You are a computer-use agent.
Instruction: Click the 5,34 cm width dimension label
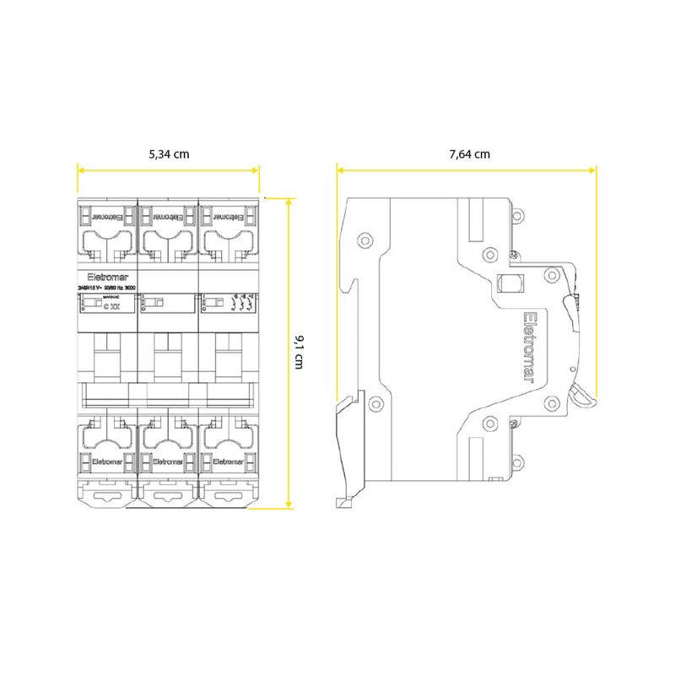click(x=169, y=154)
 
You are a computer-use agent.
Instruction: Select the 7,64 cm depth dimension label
click(x=469, y=154)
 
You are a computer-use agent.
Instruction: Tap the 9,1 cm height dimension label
click(x=299, y=350)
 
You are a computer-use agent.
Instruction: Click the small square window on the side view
click(x=509, y=282)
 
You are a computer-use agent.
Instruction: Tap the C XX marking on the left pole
click(x=111, y=306)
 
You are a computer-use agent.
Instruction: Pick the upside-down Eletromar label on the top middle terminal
click(x=168, y=214)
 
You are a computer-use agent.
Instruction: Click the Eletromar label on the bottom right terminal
click(x=229, y=462)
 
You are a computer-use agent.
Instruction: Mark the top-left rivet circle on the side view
click(x=364, y=238)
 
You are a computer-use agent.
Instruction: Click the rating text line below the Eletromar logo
click(x=105, y=288)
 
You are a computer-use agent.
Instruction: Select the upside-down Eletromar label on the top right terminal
click(x=229, y=214)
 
